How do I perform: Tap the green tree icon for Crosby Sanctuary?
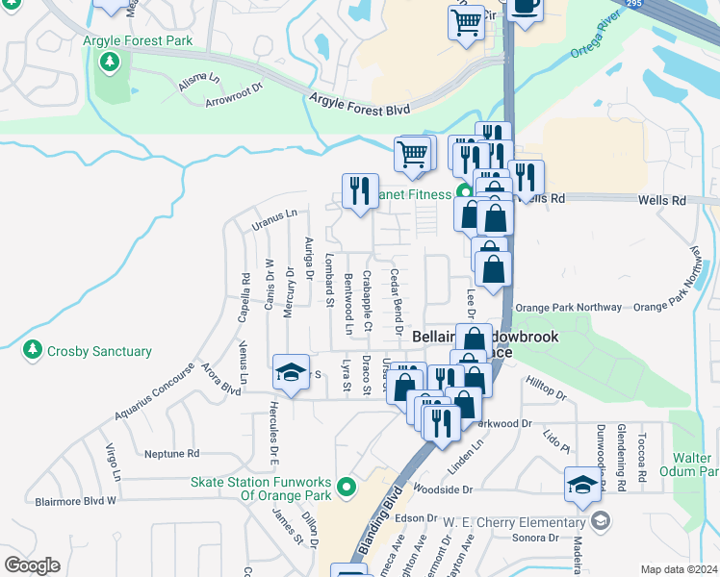[34, 351]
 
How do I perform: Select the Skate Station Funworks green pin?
[347, 489]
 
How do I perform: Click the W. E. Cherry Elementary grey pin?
[601, 522]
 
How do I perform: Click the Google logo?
[32, 565]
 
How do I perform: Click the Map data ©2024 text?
[678, 569]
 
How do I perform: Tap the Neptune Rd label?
[170, 453]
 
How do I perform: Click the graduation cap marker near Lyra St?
[290, 374]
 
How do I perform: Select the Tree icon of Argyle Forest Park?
[111, 63]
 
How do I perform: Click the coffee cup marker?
[525, 5]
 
